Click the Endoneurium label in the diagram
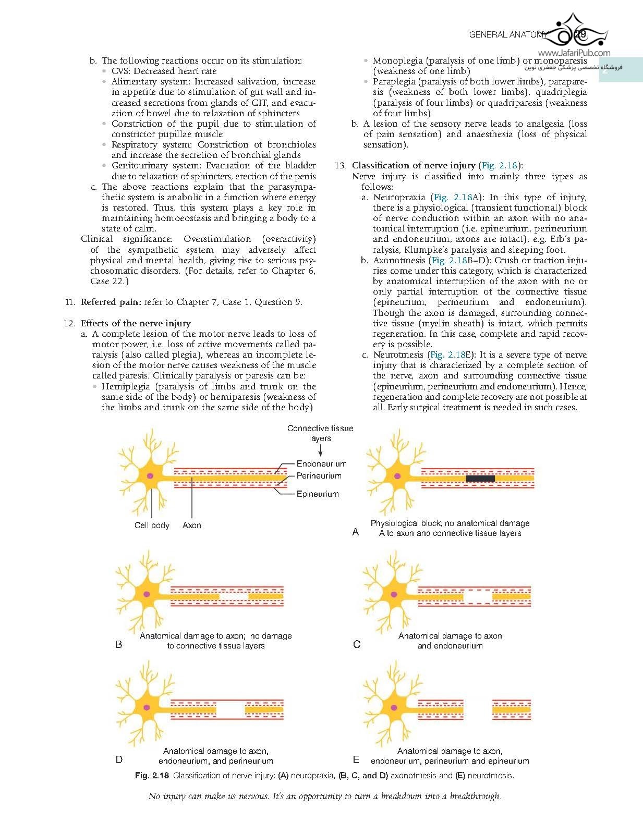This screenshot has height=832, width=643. pyautogui.click(x=321, y=463)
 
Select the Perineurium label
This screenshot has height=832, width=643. pyautogui.click(x=319, y=475)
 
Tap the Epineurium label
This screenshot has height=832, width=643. pyautogui.click(x=318, y=494)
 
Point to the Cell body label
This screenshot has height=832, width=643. pyautogui.click(x=152, y=525)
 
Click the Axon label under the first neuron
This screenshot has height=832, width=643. pyautogui.click(x=191, y=525)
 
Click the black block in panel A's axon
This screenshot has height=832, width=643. pyautogui.click(x=480, y=478)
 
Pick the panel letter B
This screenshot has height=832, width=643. pyautogui.click(x=119, y=644)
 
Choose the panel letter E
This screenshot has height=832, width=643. pyautogui.click(x=356, y=760)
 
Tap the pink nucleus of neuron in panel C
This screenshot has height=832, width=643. pyautogui.click(x=393, y=594)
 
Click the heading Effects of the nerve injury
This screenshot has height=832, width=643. pyautogui.click(x=136, y=323)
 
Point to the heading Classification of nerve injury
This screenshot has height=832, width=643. pyautogui.click(x=414, y=165)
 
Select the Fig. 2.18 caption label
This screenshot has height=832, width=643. pyautogui.click(x=152, y=775)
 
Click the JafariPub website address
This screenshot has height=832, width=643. pyautogui.click(x=574, y=53)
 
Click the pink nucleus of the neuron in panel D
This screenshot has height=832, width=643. pyautogui.click(x=147, y=707)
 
